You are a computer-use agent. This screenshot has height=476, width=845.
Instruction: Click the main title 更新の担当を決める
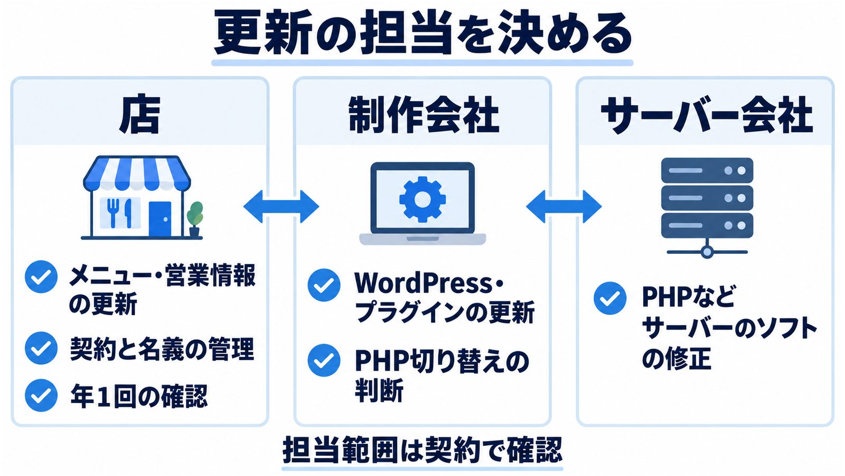pos(422,33)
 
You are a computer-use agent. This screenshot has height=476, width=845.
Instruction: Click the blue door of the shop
pos(159,219)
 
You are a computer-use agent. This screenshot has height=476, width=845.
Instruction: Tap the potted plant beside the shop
pos(195,219)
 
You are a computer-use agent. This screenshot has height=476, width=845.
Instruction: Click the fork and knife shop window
pos(120,213)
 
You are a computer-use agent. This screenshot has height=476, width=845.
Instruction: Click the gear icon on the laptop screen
pos(422,199)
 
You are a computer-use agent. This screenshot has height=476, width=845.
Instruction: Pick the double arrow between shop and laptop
pos(281,207)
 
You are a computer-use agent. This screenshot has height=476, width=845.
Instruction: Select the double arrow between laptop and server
pos(564,207)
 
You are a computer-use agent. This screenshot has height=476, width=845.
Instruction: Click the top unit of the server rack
pos(707,170)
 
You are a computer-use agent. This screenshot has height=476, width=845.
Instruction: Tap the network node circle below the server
pos(707,252)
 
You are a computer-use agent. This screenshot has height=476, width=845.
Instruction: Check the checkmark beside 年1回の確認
pos(41,395)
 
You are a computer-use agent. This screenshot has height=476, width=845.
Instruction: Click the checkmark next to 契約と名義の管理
pos(41,348)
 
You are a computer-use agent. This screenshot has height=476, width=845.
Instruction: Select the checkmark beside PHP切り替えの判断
pos(324,360)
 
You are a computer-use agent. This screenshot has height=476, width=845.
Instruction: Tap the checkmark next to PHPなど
pos(609,298)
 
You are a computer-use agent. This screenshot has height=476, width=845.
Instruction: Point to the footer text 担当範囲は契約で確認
pos(422,450)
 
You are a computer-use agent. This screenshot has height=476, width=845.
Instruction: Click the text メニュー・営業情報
pos(163,276)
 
